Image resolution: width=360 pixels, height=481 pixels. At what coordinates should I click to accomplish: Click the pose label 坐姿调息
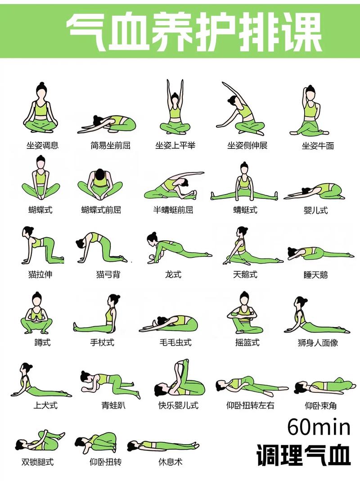(42, 145)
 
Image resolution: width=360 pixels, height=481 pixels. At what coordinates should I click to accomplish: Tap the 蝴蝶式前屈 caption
(101, 210)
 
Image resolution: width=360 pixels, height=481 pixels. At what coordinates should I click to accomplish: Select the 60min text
(319, 427)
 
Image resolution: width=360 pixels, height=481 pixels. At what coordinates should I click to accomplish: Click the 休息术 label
(171, 462)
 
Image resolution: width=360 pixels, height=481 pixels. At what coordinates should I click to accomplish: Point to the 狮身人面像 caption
(318, 342)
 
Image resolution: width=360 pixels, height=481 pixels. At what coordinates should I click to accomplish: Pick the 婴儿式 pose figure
(314, 191)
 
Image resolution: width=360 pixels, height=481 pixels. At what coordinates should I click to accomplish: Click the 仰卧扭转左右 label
(250, 405)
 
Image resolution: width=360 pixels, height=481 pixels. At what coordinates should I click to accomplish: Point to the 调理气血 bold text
(303, 455)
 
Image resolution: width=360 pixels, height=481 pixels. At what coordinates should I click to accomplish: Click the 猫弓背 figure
(101, 247)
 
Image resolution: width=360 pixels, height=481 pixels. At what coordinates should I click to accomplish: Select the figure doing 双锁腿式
(40, 441)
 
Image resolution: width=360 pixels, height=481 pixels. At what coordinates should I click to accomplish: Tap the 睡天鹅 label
(315, 275)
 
